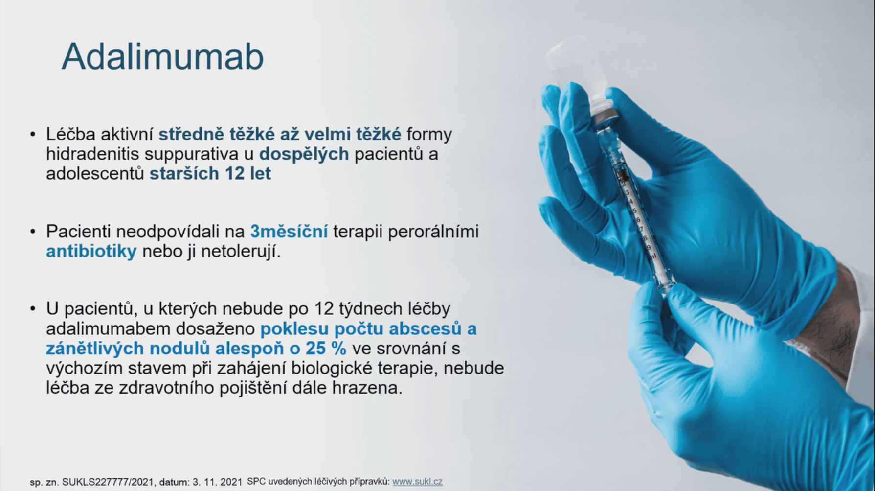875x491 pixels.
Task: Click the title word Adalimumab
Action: click(x=162, y=57)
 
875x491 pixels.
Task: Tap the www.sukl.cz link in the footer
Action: click(x=417, y=482)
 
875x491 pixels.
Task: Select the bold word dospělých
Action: click(x=304, y=154)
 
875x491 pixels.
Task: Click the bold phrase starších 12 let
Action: click(x=210, y=173)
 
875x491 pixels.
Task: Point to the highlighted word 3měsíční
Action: click(x=289, y=231)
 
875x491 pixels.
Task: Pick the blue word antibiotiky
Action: click(x=91, y=251)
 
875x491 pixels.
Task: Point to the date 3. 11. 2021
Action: click(x=217, y=482)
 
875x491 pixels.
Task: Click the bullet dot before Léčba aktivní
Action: click(x=33, y=134)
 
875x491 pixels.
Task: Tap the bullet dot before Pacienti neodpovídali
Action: click(x=33, y=231)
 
